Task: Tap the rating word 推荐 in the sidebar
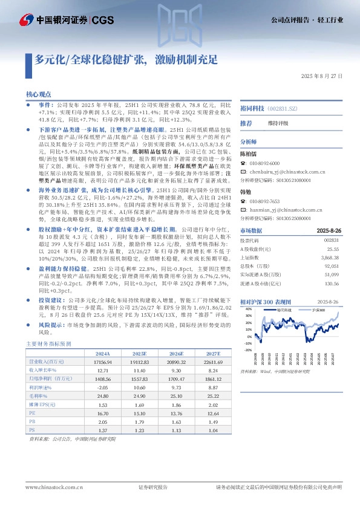[x=246, y=123]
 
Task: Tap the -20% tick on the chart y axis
[x=247, y=350]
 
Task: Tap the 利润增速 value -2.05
[x=102, y=386]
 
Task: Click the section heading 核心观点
[x=39, y=96]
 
